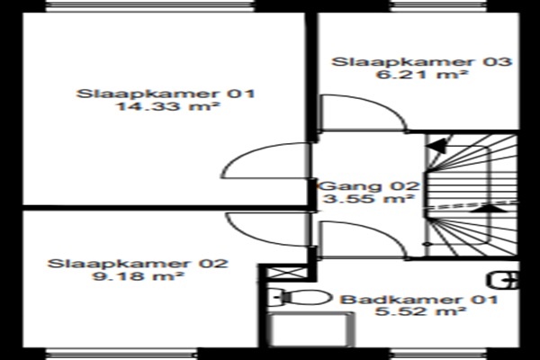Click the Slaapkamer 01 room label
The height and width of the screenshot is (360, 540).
(x=166, y=94)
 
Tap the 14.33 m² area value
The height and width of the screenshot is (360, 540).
(x=167, y=106)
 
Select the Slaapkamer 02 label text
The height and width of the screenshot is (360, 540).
(x=138, y=264)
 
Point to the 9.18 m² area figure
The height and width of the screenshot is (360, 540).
(x=138, y=276)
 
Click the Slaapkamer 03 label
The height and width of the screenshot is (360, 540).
(x=421, y=62)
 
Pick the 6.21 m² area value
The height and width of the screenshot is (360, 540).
(x=421, y=74)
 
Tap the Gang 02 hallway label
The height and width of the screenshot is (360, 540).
(x=369, y=186)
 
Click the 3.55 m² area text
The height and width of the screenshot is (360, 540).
(x=369, y=199)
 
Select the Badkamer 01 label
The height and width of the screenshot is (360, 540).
(x=419, y=300)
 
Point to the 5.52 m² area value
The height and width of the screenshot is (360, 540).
(x=420, y=311)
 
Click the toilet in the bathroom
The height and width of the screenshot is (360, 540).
(x=300, y=297)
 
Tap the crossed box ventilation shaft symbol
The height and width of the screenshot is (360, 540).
(x=286, y=274)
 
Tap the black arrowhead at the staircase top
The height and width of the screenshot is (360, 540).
(x=436, y=146)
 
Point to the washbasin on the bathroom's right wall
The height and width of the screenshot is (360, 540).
(x=503, y=281)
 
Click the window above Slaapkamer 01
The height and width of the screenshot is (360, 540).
(x=149, y=6)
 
